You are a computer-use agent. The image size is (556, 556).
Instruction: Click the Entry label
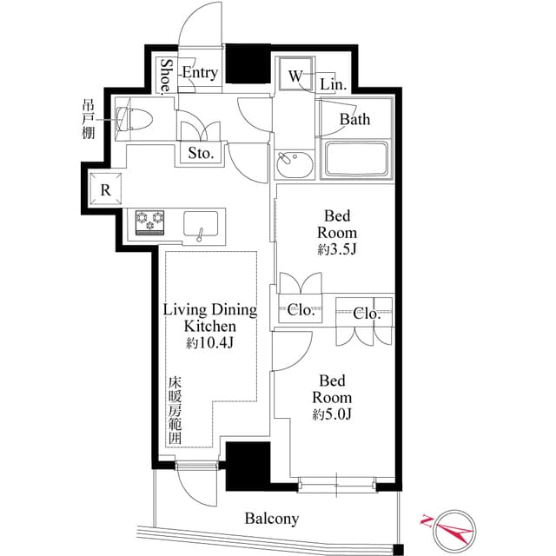click(200, 73)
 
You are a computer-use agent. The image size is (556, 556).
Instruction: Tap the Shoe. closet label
click(166, 77)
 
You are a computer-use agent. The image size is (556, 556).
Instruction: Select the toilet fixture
click(135, 119)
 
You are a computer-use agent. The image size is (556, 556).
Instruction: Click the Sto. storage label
click(201, 153)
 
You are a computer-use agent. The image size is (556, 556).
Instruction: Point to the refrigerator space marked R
click(105, 189)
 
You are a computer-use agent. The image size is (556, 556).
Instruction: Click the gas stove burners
click(150, 222)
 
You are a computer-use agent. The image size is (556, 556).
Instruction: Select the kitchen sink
click(201, 224)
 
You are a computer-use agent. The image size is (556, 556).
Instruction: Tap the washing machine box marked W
click(295, 75)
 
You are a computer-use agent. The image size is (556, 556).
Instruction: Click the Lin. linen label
click(333, 85)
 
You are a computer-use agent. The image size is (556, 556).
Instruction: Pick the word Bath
click(355, 120)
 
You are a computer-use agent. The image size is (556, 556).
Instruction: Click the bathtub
click(356, 159)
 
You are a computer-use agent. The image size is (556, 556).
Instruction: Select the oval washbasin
click(295, 164)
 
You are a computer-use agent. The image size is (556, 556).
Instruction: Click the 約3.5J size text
click(337, 250)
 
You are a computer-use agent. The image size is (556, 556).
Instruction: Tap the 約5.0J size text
click(332, 414)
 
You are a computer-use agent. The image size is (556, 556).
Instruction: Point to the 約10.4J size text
click(210, 342)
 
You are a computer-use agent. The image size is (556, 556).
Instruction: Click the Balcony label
click(272, 519)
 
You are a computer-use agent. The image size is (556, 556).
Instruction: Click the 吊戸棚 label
click(89, 120)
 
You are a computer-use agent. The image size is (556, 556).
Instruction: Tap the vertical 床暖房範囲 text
click(175, 411)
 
